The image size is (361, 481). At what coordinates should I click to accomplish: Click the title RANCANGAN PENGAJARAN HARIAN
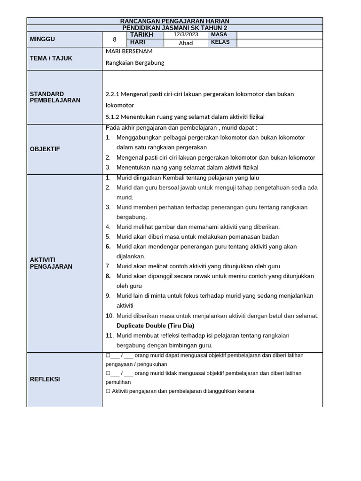click(x=174, y=21)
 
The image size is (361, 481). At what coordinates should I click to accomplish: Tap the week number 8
click(x=114, y=39)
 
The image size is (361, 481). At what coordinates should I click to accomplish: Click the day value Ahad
click(x=186, y=43)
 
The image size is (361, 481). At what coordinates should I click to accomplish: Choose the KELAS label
click(x=220, y=43)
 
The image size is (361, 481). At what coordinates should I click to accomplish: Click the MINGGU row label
click(x=42, y=39)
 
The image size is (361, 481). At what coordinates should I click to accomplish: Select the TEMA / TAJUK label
click(x=51, y=58)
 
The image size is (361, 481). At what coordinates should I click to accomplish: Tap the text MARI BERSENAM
click(x=129, y=51)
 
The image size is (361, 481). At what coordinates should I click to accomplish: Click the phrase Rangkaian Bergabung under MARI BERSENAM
click(x=135, y=62)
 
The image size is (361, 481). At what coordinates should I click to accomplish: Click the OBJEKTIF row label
click(x=45, y=149)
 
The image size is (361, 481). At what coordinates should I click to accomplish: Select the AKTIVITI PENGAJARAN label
click(x=51, y=263)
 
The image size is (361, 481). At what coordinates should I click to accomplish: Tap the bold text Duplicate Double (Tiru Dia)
click(x=156, y=326)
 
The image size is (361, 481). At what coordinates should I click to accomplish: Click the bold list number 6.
click(x=108, y=247)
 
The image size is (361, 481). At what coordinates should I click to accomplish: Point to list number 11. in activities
click(x=110, y=335)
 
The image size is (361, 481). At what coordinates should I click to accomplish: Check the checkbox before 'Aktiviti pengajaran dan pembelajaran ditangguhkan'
click(x=108, y=391)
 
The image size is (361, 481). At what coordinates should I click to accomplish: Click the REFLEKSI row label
click(x=45, y=379)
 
